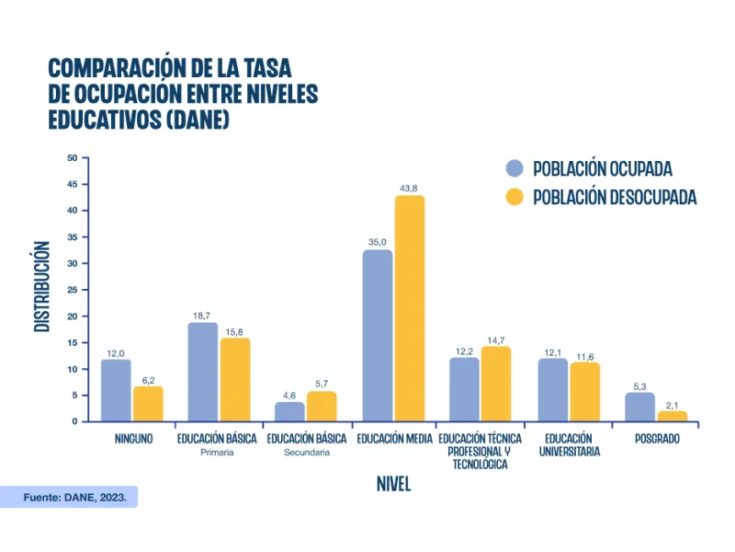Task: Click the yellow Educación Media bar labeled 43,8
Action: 410,308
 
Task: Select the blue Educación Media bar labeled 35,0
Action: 377,336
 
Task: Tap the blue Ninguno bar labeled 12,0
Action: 116,390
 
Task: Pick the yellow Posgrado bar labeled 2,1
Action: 673,416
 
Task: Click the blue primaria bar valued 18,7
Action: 203,372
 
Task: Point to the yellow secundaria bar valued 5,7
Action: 322,406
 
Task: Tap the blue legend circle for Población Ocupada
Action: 514,168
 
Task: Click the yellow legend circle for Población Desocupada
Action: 514,197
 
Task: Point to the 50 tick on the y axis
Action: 72,157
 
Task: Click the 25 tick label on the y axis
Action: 72,290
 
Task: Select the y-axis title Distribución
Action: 42,286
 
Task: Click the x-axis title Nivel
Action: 393,484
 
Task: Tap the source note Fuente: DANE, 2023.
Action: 80,497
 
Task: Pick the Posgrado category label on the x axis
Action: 657,439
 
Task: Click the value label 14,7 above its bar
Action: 496,339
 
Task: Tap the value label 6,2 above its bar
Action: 148,379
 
